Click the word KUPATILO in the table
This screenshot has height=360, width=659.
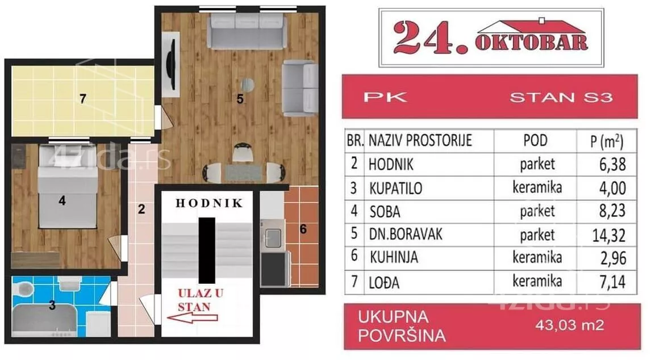tap(395, 188)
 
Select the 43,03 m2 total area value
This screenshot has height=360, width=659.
tap(568, 325)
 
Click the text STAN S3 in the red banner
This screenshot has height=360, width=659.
tap(560, 97)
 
